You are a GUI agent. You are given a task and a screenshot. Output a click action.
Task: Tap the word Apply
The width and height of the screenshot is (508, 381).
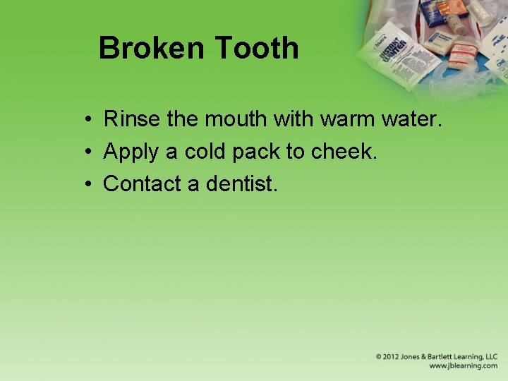point(131,152)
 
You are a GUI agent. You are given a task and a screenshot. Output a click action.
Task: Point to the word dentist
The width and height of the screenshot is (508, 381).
point(242,184)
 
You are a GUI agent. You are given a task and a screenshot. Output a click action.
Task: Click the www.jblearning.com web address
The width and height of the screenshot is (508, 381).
point(463,366)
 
